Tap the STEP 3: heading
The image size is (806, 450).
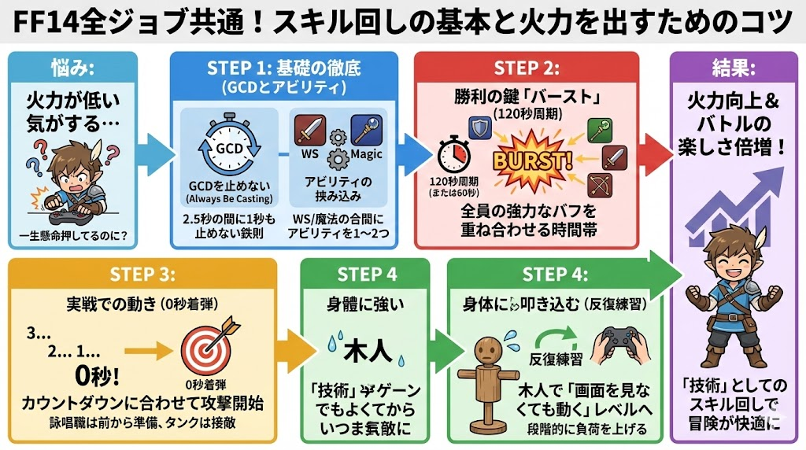pyautogui.click(x=142, y=274)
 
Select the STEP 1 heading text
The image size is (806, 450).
pyautogui.click(x=284, y=67)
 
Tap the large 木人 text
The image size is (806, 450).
pyautogui.click(x=364, y=350)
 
